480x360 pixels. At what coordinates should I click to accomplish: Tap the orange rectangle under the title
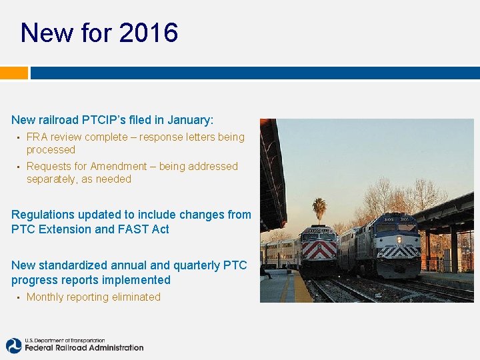point(13,73)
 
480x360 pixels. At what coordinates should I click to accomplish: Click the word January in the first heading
point(190,120)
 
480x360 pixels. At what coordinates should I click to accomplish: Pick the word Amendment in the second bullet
point(118,167)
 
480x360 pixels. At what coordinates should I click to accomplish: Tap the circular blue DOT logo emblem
point(14,345)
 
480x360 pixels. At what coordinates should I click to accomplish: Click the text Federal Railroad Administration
point(84,347)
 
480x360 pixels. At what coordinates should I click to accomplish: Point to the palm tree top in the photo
point(320,207)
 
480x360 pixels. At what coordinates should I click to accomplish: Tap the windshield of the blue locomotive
point(397,227)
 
